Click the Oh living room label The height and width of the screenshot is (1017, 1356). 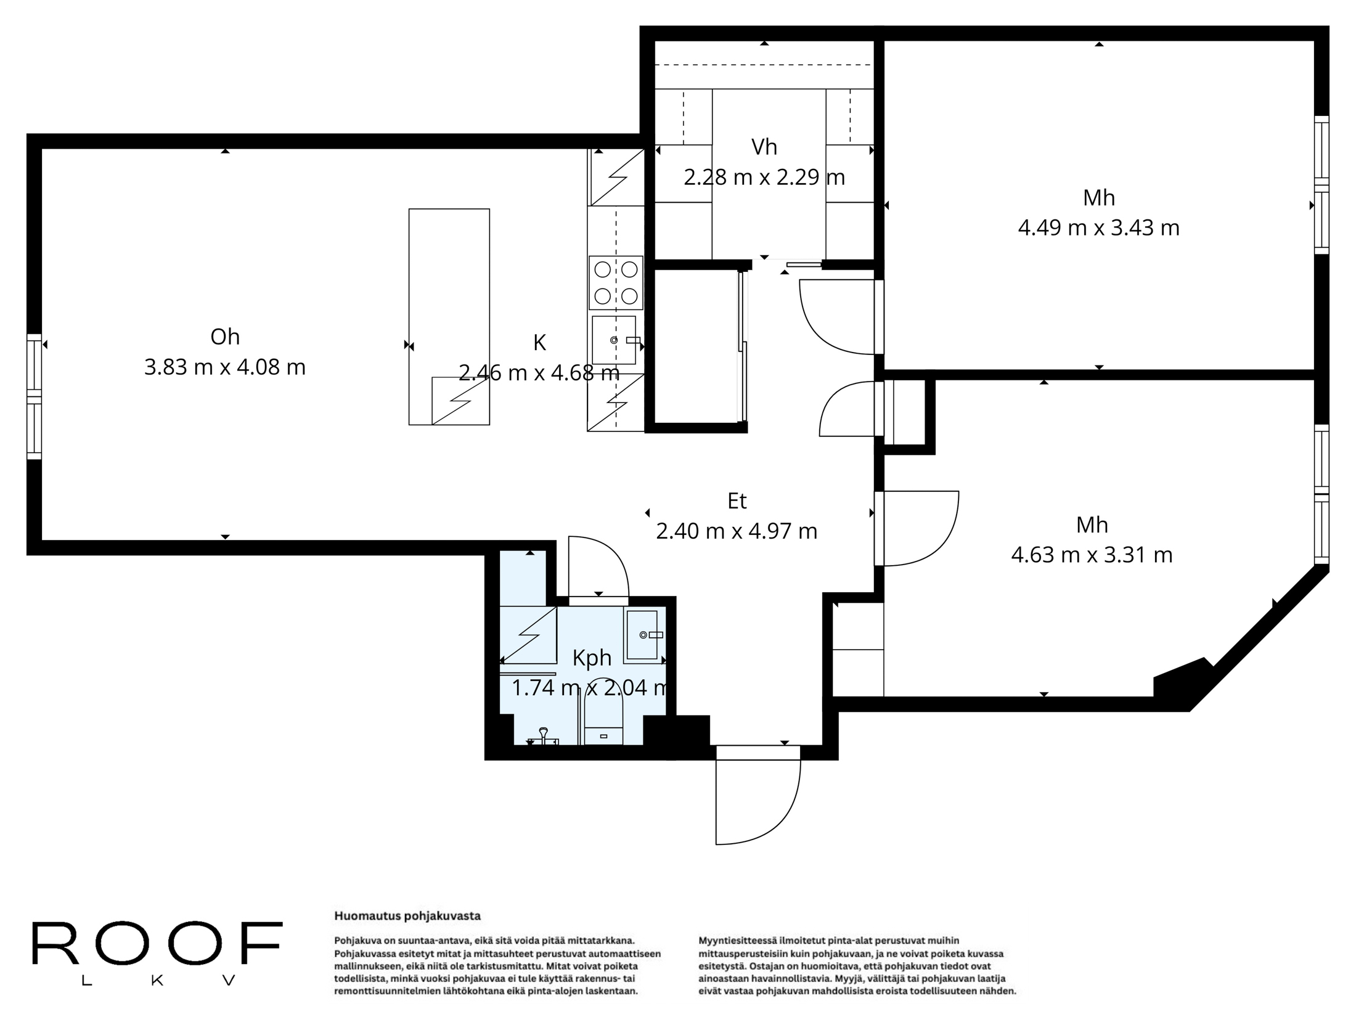(x=225, y=337)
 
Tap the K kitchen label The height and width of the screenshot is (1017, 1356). (x=539, y=343)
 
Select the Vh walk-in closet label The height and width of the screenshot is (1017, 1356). (x=764, y=147)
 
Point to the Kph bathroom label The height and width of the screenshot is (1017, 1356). (x=592, y=658)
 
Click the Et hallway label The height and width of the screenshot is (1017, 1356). (x=737, y=500)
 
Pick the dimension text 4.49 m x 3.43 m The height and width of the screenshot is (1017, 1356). (x=1098, y=228)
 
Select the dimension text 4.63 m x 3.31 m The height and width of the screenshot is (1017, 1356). (x=1092, y=555)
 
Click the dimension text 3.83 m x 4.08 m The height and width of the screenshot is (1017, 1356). (x=225, y=367)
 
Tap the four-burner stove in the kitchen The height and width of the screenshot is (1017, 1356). (x=616, y=283)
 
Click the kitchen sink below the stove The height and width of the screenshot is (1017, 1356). (x=614, y=340)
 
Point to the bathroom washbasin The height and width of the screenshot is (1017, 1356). (x=642, y=635)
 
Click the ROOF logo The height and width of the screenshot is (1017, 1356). (x=157, y=952)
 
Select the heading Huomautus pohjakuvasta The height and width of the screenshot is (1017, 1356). (x=407, y=916)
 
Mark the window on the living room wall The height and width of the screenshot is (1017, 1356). (x=35, y=397)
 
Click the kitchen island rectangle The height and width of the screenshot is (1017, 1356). (x=449, y=317)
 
